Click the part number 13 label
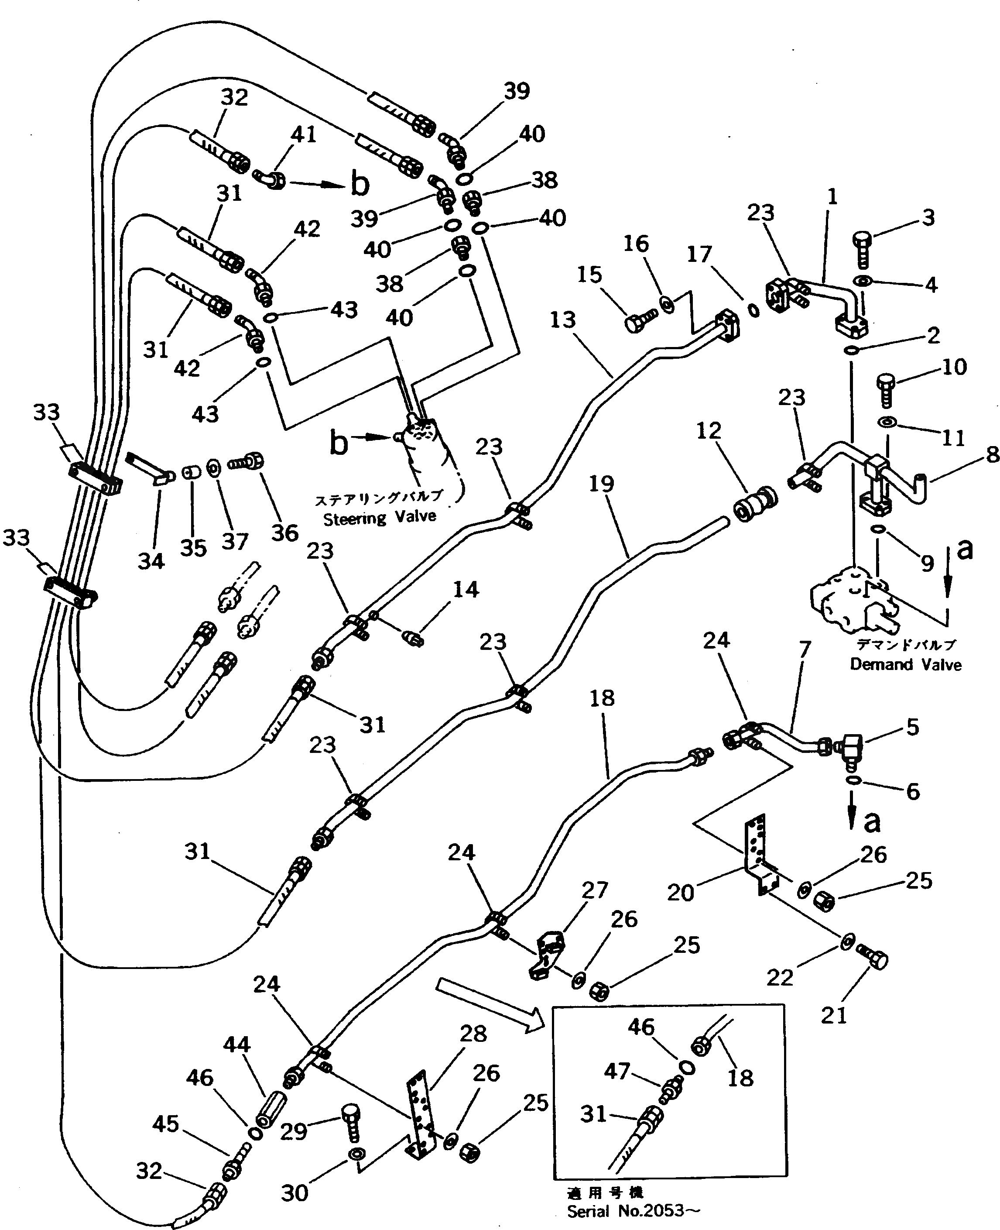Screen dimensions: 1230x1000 (562, 320)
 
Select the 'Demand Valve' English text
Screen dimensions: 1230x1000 (905, 664)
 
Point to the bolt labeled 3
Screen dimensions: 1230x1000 (862, 250)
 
